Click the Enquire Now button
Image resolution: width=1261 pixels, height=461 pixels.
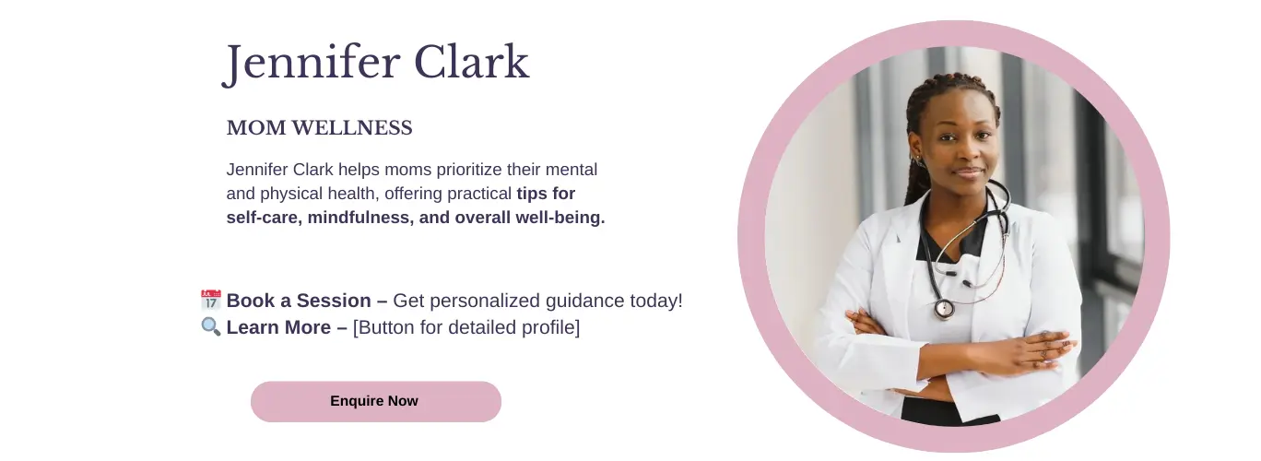pyautogui.click(x=375, y=401)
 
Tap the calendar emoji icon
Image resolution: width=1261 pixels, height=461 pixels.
pyautogui.click(x=211, y=300)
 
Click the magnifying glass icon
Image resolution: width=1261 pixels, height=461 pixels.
pyautogui.click(x=211, y=326)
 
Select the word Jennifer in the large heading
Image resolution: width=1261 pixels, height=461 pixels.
pyautogui.click(x=312, y=63)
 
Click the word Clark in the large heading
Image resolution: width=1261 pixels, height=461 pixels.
pyautogui.click(x=472, y=62)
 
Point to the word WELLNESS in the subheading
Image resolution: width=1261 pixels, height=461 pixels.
pyautogui.click(x=352, y=128)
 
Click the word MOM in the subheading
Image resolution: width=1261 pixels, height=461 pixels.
pyautogui.click(x=256, y=128)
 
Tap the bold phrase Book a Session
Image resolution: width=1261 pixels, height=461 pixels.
pyautogui.click(x=299, y=301)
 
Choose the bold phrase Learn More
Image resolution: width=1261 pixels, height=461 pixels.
pyautogui.click(x=278, y=327)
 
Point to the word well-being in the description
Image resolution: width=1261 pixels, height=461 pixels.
pyautogui.click(x=560, y=218)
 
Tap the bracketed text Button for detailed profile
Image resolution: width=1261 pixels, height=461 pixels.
pyautogui.click(x=466, y=327)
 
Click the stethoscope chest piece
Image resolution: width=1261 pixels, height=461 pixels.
pyautogui.click(x=944, y=308)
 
